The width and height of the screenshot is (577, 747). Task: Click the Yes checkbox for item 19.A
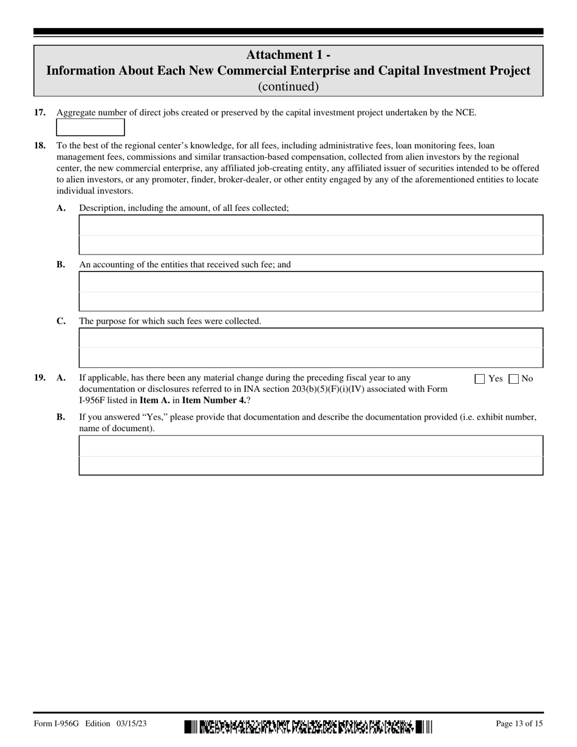(x=480, y=379)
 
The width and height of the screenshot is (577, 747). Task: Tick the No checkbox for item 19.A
(x=514, y=379)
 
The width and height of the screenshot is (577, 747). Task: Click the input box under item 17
(x=90, y=128)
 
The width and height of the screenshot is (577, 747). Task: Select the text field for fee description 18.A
(x=310, y=234)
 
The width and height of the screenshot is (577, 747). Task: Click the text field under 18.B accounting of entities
(x=310, y=292)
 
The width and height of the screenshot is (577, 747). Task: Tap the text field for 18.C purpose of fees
(x=310, y=348)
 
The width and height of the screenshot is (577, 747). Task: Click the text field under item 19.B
(x=310, y=455)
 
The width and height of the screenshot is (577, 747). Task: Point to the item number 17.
(x=39, y=112)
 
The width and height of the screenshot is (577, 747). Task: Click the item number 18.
(x=39, y=146)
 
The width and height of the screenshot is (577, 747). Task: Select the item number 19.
(x=39, y=378)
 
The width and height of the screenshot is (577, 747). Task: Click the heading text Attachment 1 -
(x=288, y=55)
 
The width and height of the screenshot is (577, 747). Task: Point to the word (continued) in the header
(x=288, y=86)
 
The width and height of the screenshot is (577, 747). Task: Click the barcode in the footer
(x=308, y=726)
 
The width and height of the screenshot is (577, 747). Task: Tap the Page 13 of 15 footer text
(x=519, y=723)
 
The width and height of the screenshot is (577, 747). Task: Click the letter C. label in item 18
(x=61, y=321)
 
